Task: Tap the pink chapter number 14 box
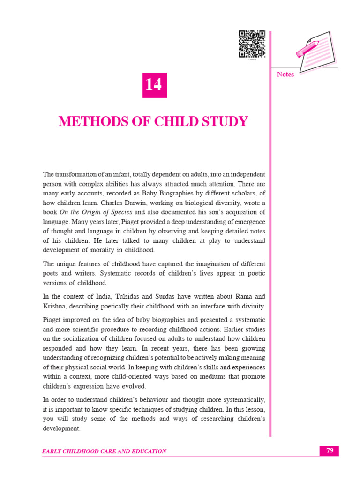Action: (155, 85)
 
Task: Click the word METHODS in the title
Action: (87, 122)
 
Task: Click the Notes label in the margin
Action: (285, 75)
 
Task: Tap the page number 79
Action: (329, 451)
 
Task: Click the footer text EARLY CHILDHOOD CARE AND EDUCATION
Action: (104, 451)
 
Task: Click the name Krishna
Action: (54, 306)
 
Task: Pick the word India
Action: (101, 296)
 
